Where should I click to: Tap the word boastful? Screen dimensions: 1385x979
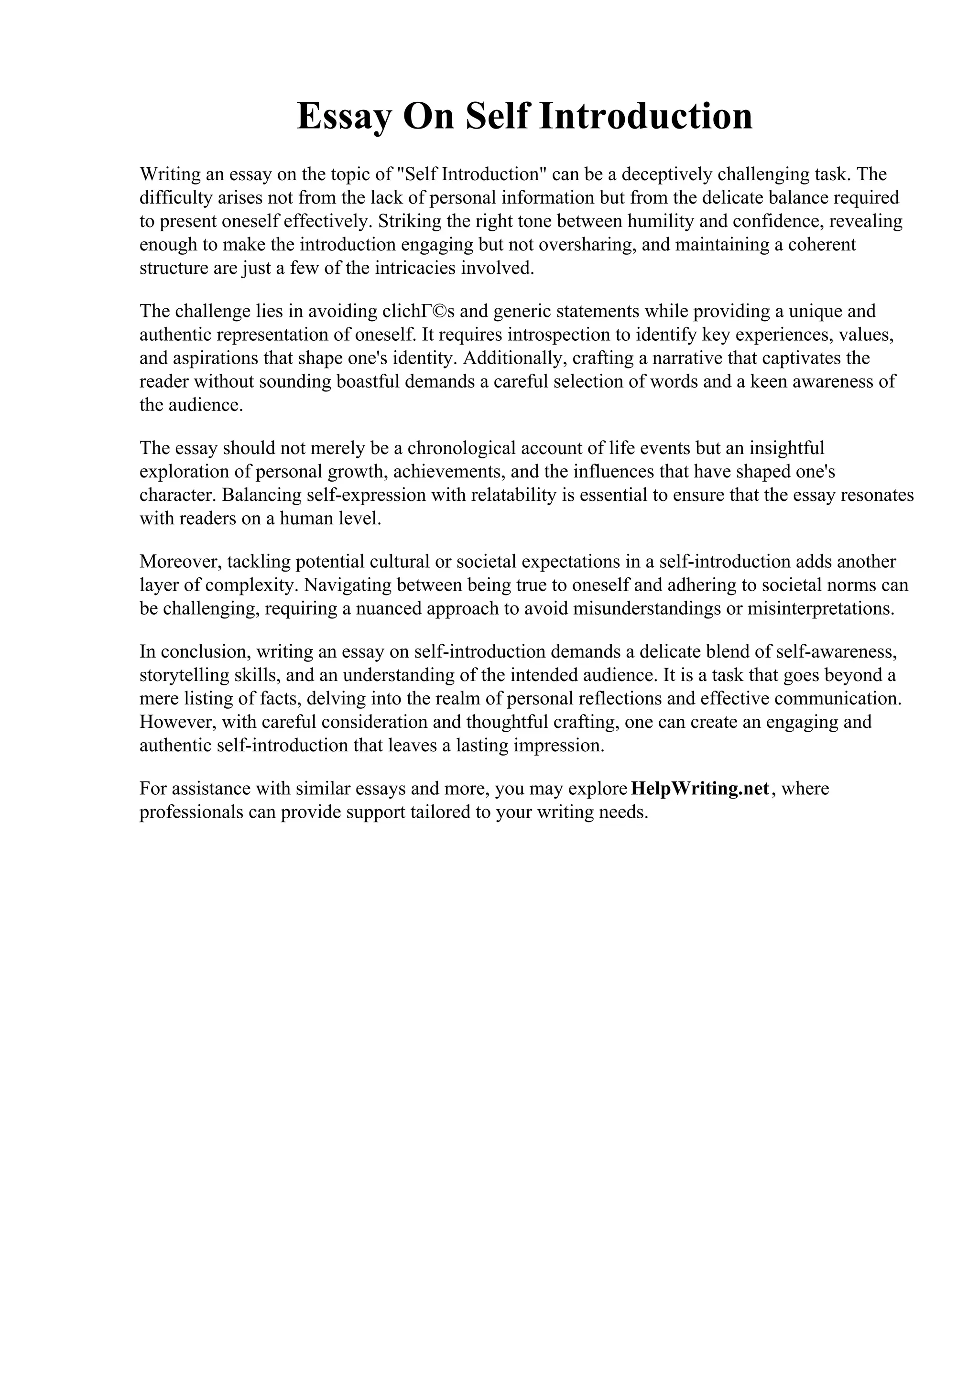[366, 382]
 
